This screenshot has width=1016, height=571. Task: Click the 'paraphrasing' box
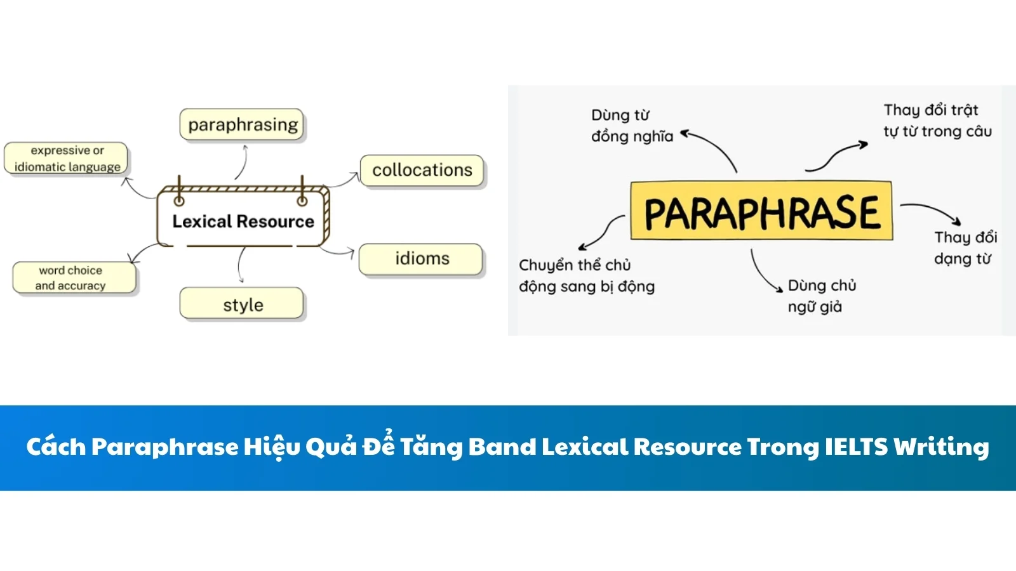click(x=242, y=124)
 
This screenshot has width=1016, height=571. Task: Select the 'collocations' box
click(x=422, y=170)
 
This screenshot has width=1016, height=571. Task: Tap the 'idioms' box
click(x=421, y=259)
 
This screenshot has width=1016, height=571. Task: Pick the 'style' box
click(x=242, y=305)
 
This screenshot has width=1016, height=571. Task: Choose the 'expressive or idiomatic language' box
click(x=66, y=159)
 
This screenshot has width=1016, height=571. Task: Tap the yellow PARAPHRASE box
click(x=761, y=211)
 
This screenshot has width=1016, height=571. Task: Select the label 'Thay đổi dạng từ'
click(x=964, y=247)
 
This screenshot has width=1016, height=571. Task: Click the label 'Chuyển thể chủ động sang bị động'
click(x=585, y=275)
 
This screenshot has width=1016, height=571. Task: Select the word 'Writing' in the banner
click(x=941, y=447)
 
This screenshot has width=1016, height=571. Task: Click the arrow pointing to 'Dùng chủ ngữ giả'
click(x=763, y=272)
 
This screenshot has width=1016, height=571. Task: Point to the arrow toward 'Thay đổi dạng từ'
click(x=931, y=210)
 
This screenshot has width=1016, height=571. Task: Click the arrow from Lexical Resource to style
click(x=240, y=264)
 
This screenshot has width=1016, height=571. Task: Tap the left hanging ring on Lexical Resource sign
click(x=179, y=201)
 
